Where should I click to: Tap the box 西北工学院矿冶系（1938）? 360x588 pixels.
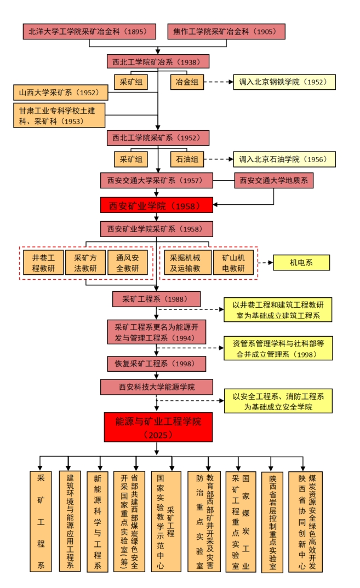[x=157, y=61]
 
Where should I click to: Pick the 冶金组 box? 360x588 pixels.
[x=186, y=82]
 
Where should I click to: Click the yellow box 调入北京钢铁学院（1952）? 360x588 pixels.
[x=284, y=82]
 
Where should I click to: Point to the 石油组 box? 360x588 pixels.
[x=186, y=159]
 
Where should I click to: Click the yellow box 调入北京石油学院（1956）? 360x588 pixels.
[x=284, y=159]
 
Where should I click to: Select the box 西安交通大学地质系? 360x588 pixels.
[x=274, y=181]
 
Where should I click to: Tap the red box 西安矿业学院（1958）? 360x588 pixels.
[x=157, y=205]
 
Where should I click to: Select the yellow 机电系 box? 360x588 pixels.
[x=301, y=263]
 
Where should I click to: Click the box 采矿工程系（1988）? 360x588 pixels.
[x=157, y=299]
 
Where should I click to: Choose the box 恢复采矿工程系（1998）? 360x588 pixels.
[x=157, y=364]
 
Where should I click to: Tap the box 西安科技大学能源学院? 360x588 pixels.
[x=157, y=387]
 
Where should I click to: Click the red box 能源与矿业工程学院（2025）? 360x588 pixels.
[x=158, y=427]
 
